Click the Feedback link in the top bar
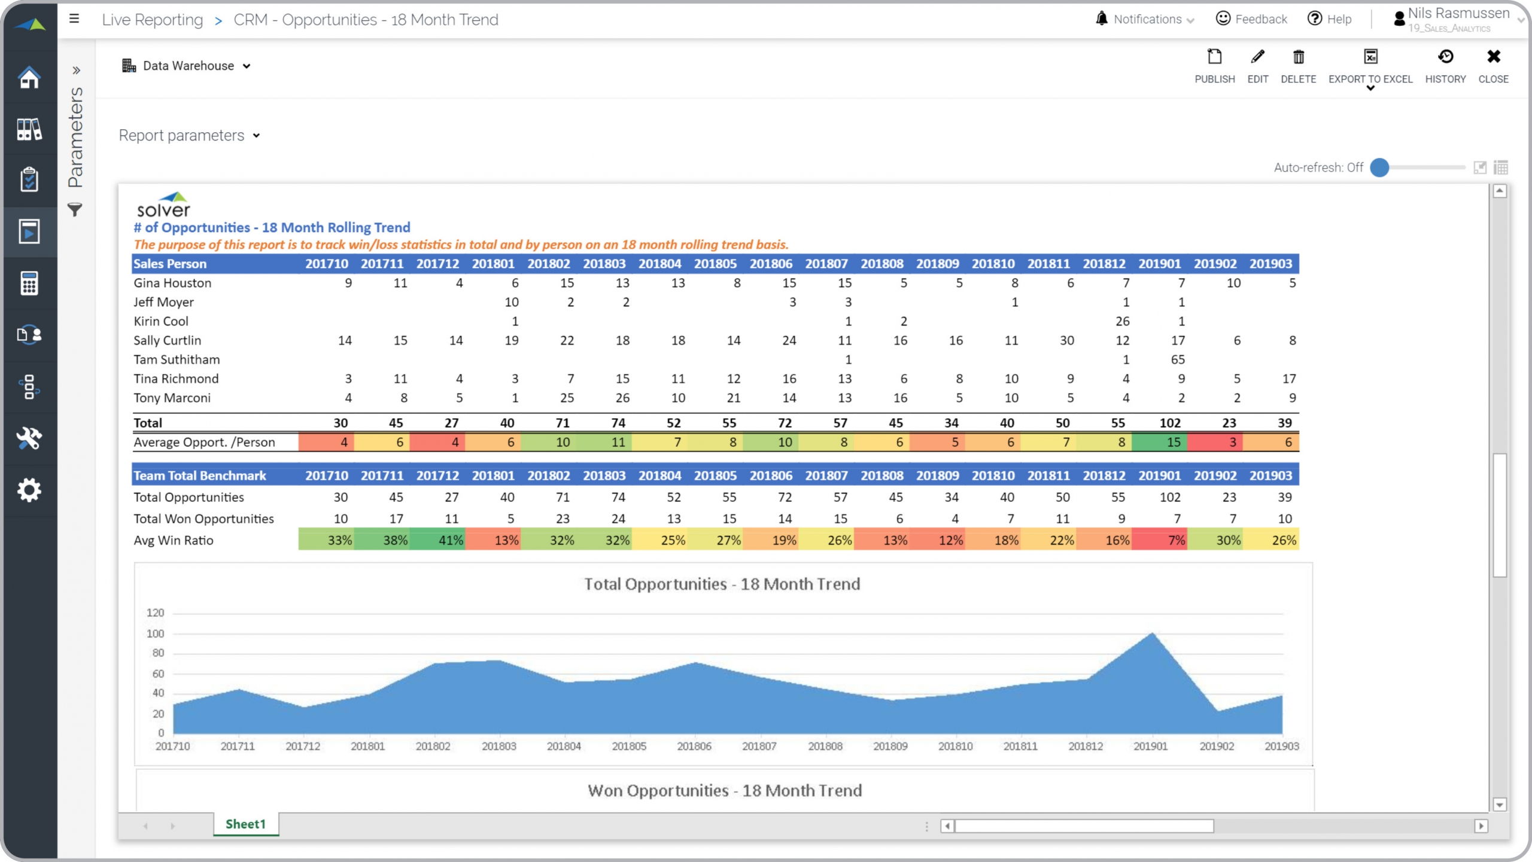pos(1251,19)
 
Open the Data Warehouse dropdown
pos(187,66)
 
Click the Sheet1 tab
pos(245,824)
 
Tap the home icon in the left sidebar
pos(29,77)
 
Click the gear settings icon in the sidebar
pos(29,490)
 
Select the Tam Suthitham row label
pos(177,360)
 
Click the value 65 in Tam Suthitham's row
pos(1178,360)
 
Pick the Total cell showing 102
pos(1170,423)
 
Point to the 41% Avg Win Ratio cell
pos(451,540)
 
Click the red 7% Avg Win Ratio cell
pos(1176,540)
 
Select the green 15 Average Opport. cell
pos(1174,442)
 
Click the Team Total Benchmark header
pos(200,476)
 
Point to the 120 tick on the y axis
pos(155,613)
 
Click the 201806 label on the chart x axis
pos(694,746)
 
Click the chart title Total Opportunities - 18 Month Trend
pos(722,584)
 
